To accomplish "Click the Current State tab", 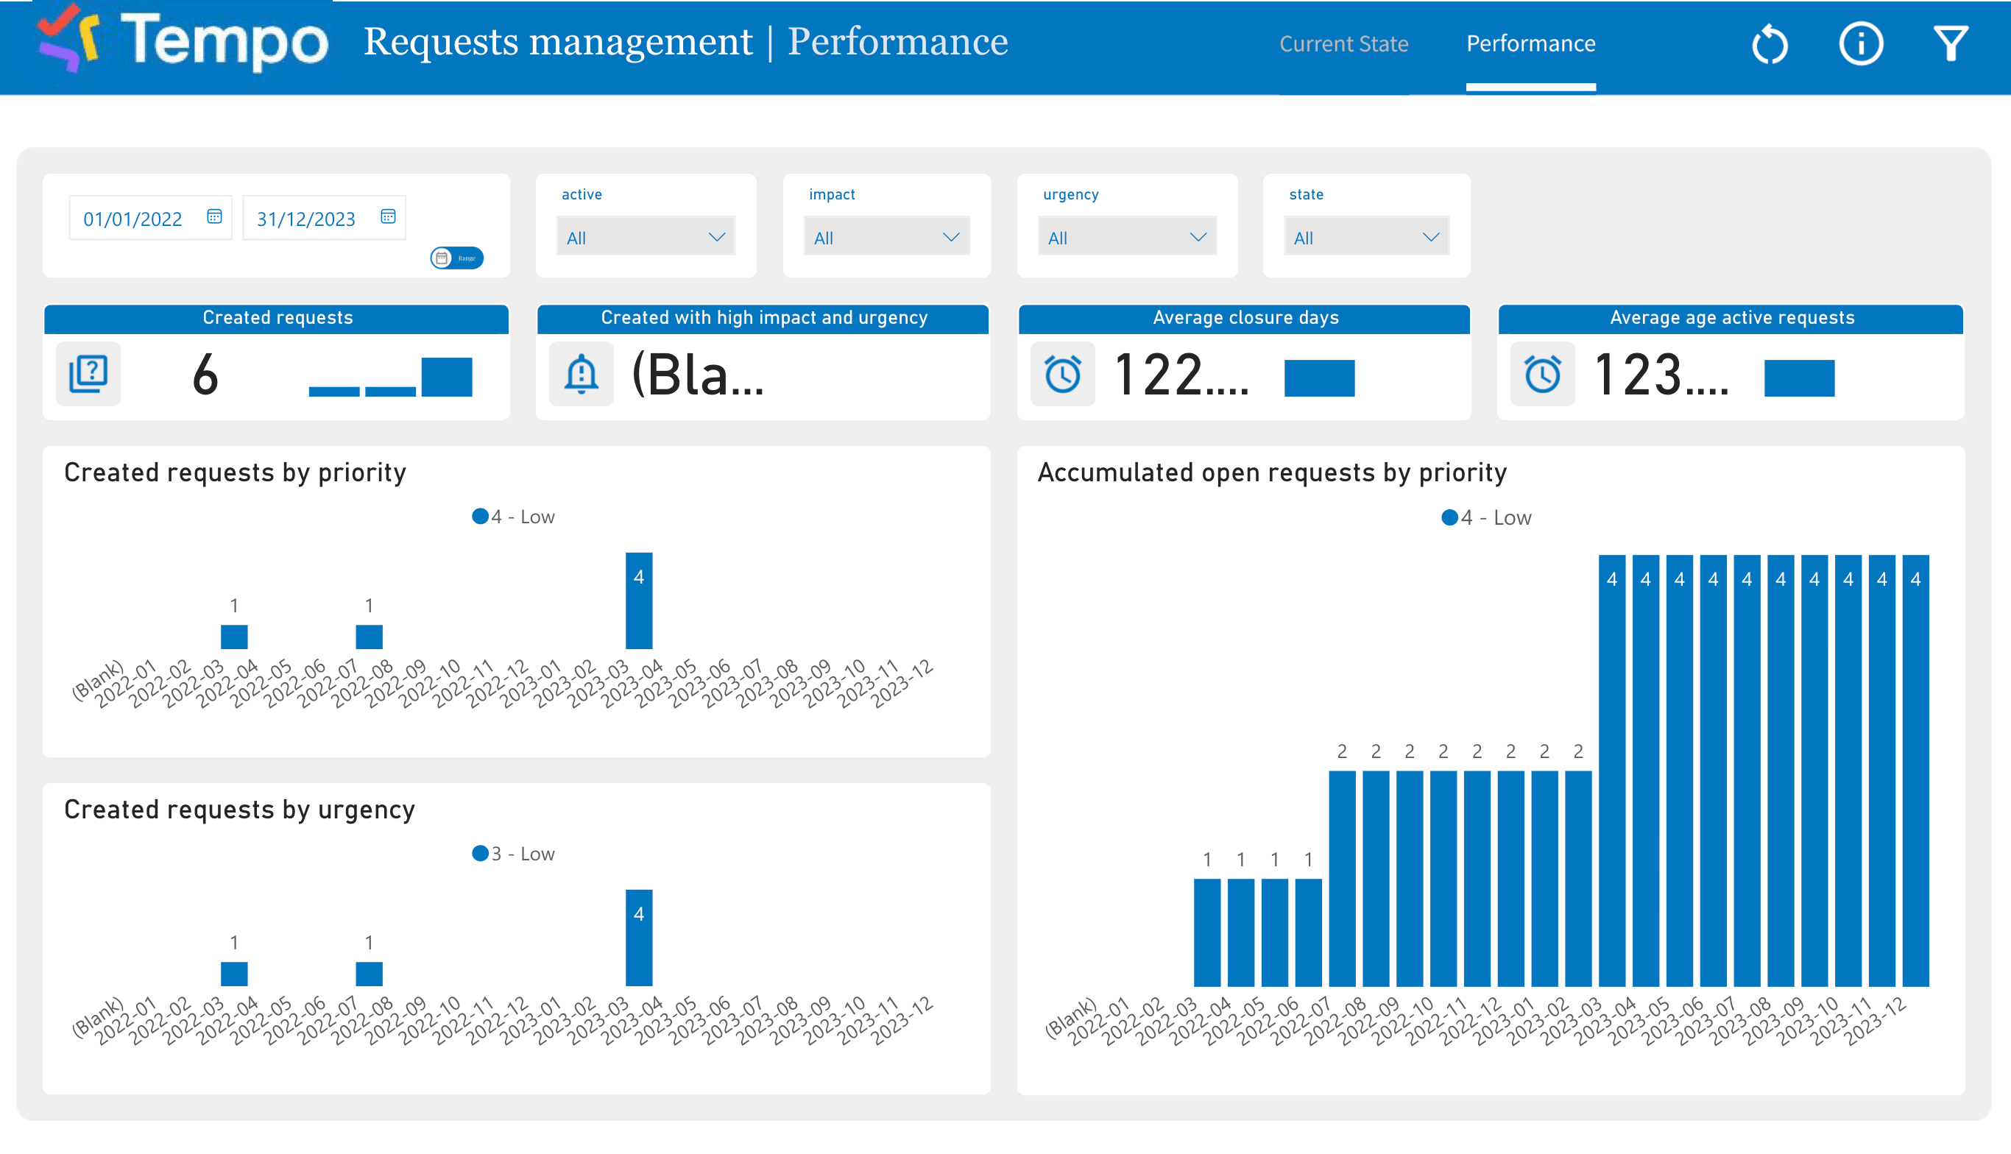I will [1343, 43].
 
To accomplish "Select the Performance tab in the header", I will [1530, 43].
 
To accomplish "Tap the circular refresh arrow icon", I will [1770, 43].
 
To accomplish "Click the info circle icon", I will [1860, 43].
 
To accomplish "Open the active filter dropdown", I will [646, 237].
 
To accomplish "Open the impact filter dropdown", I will [886, 237].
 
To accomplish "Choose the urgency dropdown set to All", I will [1126, 237].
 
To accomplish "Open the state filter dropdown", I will [1365, 237].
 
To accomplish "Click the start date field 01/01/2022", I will [133, 219].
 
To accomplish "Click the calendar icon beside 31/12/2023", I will [388, 216].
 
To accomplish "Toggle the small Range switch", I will [456, 258].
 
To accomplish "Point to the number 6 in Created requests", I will [205, 375].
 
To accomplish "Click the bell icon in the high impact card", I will [581, 374].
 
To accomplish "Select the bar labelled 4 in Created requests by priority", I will [639, 601].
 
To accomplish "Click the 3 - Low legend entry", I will [514, 854].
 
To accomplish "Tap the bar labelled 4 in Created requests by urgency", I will [639, 938].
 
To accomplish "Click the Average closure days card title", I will [1245, 318].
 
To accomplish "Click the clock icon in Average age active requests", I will [1541, 374].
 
